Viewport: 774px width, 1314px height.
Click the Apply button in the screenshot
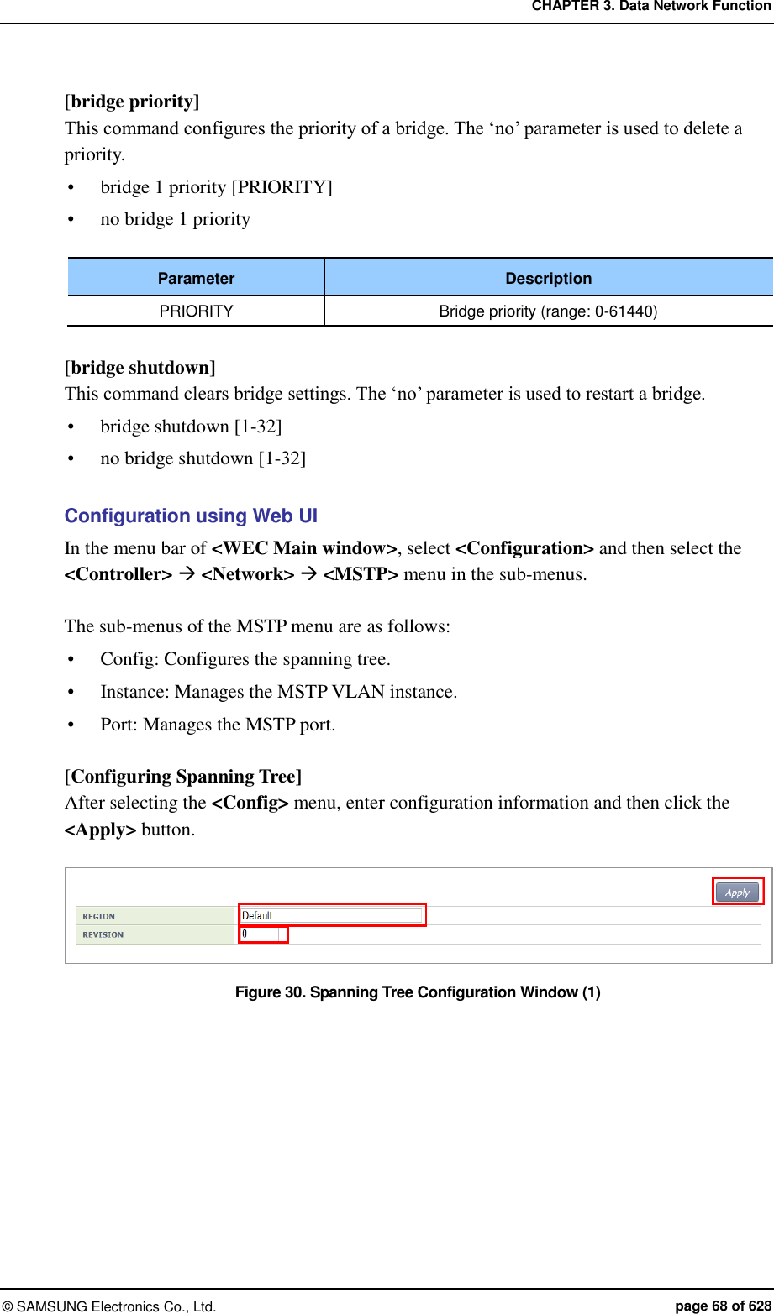pyautogui.click(x=737, y=893)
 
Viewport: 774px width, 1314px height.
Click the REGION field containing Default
pyautogui.click(x=331, y=916)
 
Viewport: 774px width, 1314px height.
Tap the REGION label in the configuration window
pyautogui.click(x=99, y=917)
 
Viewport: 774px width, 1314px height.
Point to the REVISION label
pyautogui.click(x=103, y=935)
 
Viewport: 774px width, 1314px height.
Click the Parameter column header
pyautogui.click(x=196, y=279)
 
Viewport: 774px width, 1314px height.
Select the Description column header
pyautogui.click(x=548, y=279)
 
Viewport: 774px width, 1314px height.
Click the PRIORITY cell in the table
pyautogui.click(x=196, y=311)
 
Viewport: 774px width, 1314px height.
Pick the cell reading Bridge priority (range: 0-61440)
pyautogui.click(x=548, y=311)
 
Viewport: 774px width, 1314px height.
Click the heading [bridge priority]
pyautogui.click(x=132, y=102)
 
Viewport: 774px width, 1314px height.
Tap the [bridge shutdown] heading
pyautogui.click(x=140, y=368)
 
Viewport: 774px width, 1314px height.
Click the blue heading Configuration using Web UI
pyautogui.click(x=191, y=516)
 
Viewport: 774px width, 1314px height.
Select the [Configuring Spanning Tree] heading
pyautogui.click(x=183, y=777)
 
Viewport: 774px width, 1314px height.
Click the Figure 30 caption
pyautogui.click(x=418, y=992)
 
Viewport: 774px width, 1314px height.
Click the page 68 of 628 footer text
pyautogui.click(x=723, y=1306)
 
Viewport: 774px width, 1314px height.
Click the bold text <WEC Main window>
pyautogui.click(x=304, y=548)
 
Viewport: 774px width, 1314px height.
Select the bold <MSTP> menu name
pyautogui.click(x=361, y=574)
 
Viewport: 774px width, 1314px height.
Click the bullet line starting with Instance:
pyautogui.click(x=278, y=692)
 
